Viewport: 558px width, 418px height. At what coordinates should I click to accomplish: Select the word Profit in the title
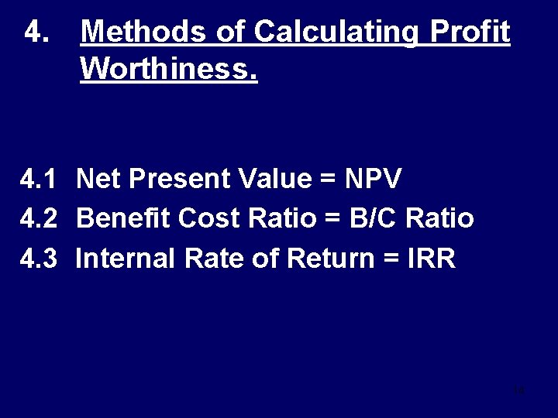click(x=472, y=33)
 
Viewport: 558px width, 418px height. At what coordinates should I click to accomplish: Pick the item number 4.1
click(x=39, y=180)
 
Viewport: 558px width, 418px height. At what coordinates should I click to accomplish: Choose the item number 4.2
click(x=39, y=219)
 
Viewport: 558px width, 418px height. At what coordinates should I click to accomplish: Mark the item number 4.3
click(x=39, y=259)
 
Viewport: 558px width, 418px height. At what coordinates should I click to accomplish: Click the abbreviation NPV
click(x=374, y=180)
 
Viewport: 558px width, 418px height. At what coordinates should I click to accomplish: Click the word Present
click(x=181, y=180)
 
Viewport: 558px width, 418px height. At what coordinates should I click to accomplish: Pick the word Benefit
click(x=124, y=219)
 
